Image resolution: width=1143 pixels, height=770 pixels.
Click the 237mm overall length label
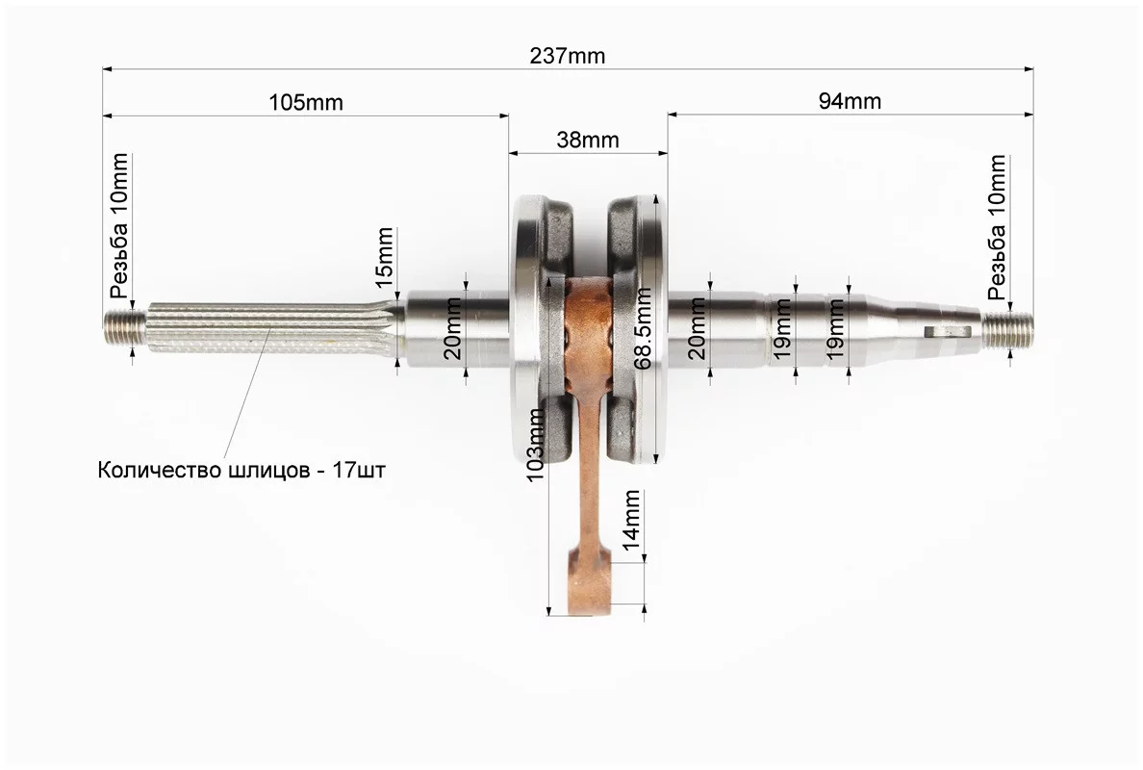pyautogui.click(x=567, y=56)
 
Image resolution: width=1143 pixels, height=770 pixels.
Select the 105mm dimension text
pyautogui.click(x=305, y=101)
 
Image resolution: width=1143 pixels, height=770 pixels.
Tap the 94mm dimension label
pyautogui.click(x=850, y=101)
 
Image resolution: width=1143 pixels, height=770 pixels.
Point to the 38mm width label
pyautogui.click(x=588, y=140)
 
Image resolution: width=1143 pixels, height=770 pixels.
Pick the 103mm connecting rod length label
pyautogui.click(x=536, y=445)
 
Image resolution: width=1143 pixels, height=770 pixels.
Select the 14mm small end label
pyautogui.click(x=630, y=520)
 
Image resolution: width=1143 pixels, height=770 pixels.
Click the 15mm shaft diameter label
pyautogui.click(x=384, y=257)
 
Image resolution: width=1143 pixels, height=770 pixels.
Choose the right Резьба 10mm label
pyautogui.click(x=997, y=227)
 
